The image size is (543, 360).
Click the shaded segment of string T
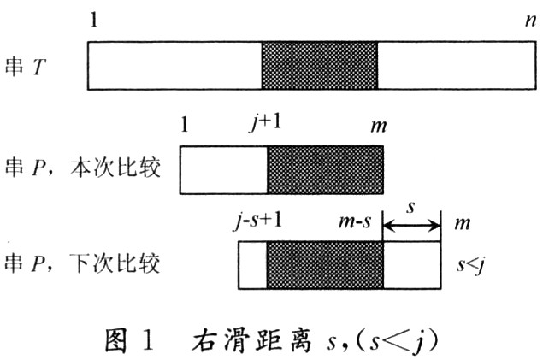tap(319, 66)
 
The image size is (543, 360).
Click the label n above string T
tap(530, 20)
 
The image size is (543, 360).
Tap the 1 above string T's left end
tap(94, 20)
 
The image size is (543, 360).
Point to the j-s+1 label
tap(258, 221)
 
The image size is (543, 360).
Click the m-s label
tap(355, 221)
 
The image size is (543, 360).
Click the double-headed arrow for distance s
tap(411, 227)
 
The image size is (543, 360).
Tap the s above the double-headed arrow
tap(410, 207)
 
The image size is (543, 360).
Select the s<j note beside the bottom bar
tap(470, 265)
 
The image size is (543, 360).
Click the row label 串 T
tap(26, 66)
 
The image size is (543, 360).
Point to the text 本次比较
tap(115, 168)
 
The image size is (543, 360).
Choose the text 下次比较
tap(115, 263)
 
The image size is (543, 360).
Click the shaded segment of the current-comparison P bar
tap(325, 169)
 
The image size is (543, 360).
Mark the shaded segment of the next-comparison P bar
tap(325, 265)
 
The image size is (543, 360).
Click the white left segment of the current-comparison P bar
tap(224, 169)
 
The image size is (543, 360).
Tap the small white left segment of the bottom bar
tap(252, 265)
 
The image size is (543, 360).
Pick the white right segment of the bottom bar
tap(412, 265)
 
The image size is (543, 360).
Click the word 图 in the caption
tap(116, 340)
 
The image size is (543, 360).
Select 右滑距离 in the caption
tap(251, 340)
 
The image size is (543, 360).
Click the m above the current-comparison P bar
tap(378, 126)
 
